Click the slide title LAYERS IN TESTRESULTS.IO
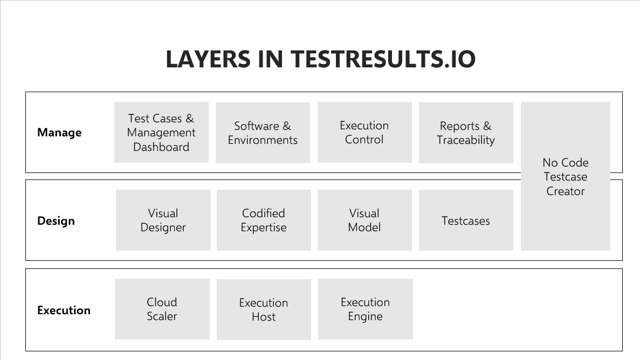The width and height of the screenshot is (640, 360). pos(320,59)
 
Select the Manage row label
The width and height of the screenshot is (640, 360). pos(59,133)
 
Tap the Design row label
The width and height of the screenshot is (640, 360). pos(56,221)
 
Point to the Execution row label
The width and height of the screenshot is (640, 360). pos(64,310)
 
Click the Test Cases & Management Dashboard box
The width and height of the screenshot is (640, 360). pos(161,132)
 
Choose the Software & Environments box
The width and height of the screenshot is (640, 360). pos(263,133)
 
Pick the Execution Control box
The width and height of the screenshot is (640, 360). pos(364,132)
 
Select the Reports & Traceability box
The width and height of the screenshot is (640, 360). pos(466,133)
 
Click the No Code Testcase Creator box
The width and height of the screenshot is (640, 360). pos(565,176)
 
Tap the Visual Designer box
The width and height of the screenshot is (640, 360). pos(163,220)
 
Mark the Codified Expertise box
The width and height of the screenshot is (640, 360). pos(264,220)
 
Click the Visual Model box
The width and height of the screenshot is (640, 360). pos(364,220)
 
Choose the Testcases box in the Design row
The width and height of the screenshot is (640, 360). pos(466,220)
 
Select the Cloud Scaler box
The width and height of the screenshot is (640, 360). pos(162,309)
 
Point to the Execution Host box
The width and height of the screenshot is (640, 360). pos(264,309)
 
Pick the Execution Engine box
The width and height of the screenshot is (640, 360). pos(366,309)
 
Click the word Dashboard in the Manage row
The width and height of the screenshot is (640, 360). pos(161,147)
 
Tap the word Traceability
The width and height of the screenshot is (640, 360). pos(466,140)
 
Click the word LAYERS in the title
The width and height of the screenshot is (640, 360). pos(208,59)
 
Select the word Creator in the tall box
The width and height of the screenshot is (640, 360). pos(565,191)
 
